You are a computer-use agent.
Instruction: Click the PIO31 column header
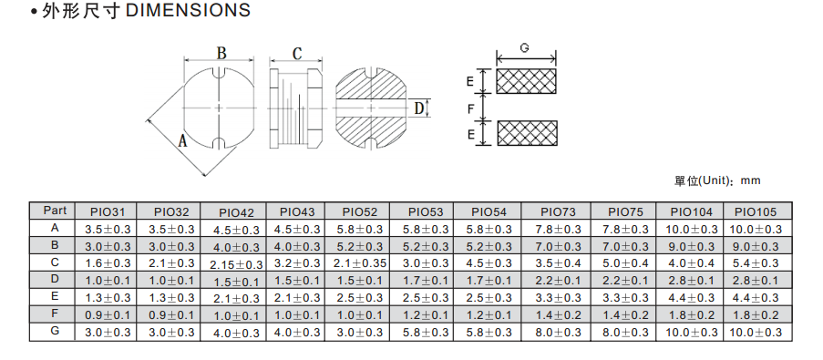[x=108, y=212]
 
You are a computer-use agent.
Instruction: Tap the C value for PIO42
[x=236, y=265]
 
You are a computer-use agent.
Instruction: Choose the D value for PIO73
[x=558, y=280]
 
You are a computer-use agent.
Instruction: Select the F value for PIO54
[x=489, y=314]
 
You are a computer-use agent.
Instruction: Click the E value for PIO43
[x=297, y=297]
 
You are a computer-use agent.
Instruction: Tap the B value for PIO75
[x=625, y=246]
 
